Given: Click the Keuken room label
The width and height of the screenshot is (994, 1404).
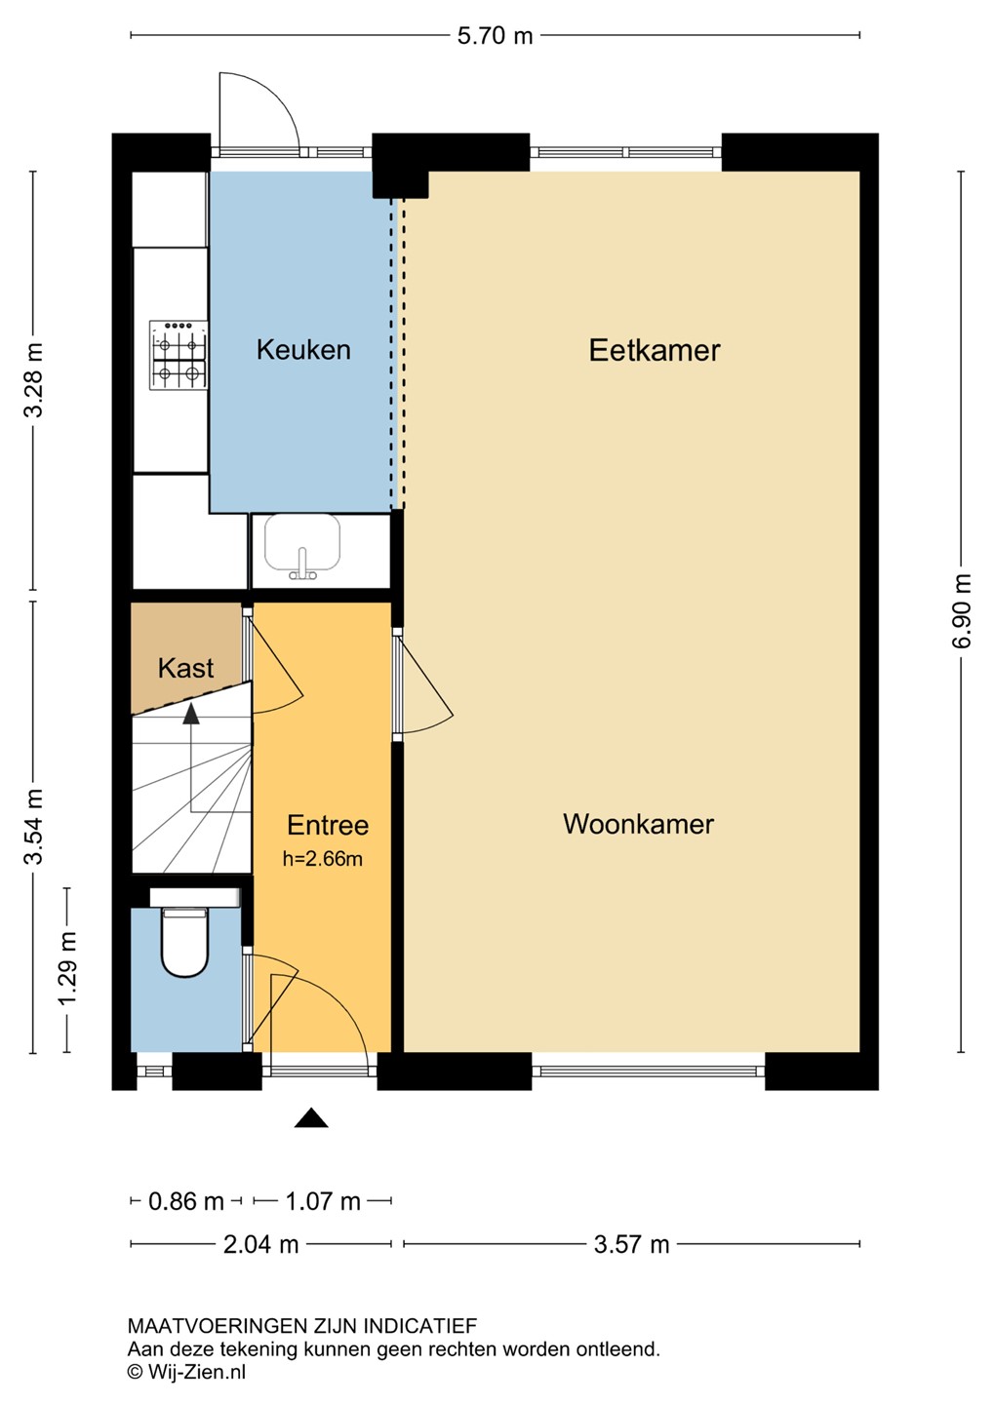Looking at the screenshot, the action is (x=303, y=350).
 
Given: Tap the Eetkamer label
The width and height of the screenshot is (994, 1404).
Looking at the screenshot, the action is (x=655, y=350).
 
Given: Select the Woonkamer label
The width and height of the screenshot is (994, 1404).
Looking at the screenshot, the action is (x=638, y=824).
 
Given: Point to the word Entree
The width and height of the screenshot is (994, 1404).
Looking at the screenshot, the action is (x=328, y=825).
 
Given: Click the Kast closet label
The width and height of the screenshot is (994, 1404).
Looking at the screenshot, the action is (x=185, y=668).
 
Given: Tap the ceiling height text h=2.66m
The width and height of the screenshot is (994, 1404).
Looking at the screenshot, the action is (x=322, y=858).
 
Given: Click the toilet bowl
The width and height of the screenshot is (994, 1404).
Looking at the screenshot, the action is (x=184, y=943).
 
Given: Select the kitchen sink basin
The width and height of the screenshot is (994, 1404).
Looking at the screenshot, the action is (x=302, y=542).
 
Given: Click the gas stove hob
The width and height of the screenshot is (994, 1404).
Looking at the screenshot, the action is (x=179, y=355).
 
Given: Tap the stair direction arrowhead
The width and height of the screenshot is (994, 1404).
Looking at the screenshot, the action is (x=190, y=714).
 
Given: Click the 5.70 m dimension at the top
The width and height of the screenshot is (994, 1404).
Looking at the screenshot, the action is (x=495, y=36).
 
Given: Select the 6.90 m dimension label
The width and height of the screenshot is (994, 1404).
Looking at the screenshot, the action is (x=963, y=611).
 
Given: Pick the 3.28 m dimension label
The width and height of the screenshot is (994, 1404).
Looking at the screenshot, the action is (x=33, y=380).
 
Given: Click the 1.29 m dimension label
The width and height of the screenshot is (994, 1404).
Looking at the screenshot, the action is (x=67, y=968).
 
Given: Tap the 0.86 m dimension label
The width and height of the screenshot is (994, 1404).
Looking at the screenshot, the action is (x=185, y=1201).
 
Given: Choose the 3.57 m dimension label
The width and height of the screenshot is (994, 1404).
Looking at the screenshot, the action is (x=631, y=1244).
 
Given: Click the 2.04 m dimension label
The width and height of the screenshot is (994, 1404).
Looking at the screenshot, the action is (x=260, y=1244).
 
